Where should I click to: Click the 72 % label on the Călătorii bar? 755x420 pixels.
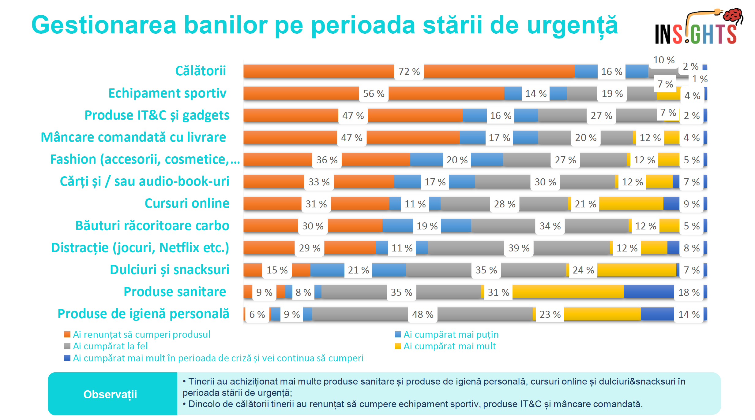point(409,72)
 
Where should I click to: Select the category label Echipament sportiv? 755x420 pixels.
point(167,93)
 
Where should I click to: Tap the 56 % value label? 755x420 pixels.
point(374,94)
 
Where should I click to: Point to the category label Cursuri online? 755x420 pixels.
point(187,203)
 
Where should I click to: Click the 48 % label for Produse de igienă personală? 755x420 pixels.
point(423,314)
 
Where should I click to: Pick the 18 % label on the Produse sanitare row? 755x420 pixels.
point(689,292)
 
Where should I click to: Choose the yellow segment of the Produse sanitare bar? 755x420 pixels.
point(568,292)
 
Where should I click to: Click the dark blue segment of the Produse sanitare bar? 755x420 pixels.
point(648,292)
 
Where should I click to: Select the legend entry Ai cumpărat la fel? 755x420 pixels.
point(110,346)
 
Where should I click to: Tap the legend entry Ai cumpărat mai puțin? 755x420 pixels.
point(451,335)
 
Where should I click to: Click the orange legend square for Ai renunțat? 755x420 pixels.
point(67,335)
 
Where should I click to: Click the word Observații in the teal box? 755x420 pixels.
point(110,395)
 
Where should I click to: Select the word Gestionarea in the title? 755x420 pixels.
point(104,25)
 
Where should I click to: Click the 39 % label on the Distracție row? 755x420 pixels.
point(519,248)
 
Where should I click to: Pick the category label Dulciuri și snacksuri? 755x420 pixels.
point(169,270)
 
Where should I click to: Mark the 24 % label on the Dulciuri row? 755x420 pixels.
point(583,270)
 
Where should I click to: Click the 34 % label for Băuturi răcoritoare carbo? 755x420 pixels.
point(550,226)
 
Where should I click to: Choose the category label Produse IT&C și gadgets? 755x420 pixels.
point(157,115)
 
